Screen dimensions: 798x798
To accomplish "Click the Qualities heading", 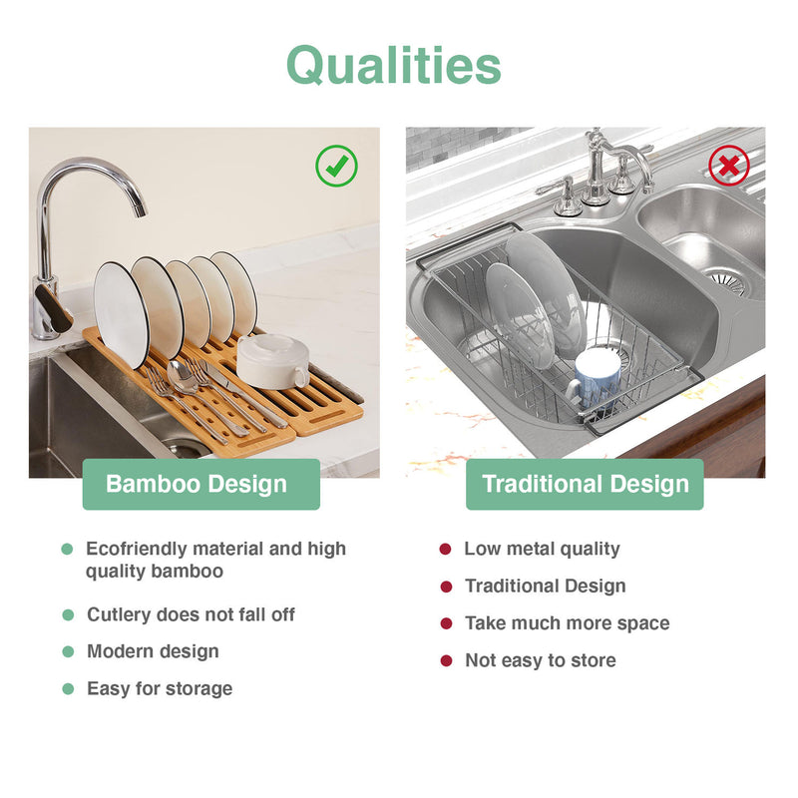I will (x=394, y=66).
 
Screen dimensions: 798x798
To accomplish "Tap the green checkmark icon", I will (x=336, y=166).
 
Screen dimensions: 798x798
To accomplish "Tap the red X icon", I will (x=728, y=166).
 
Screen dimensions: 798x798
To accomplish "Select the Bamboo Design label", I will (x=197, y=485).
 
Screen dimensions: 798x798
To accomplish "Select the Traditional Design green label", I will (x=586, y=485).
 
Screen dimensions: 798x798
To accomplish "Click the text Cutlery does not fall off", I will (x=191, y=614).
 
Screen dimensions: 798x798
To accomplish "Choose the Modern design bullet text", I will (x=153, y=651).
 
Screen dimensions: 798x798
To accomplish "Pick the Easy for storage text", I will (x=160, y=688).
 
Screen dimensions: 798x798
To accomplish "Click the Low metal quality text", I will (x=542, y=549).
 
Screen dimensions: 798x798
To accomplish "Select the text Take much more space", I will (x=567, y=623).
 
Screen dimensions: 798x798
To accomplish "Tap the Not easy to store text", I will (x=540, y=660).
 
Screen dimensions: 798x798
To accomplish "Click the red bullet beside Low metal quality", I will (x=445, y=549).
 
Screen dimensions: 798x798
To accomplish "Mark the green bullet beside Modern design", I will (x=68, y=651).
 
